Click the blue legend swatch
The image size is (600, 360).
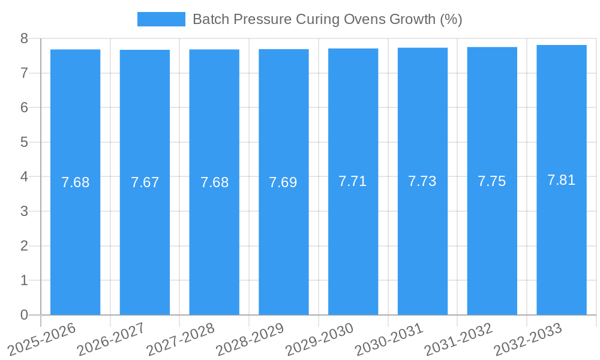tap(161, 19)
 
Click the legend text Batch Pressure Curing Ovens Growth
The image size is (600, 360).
tap(327, 19)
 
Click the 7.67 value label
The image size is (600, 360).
tap(145, 182)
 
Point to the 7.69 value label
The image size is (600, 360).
tap(283, 182)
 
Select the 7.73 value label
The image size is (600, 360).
tap(422, 181)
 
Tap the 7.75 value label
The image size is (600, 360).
tap(492, 181)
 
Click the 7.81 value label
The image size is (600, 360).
tap(562, 179)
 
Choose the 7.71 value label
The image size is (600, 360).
tap(353, 181)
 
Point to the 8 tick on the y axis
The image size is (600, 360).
tap(24, 38)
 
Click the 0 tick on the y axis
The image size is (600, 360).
tap(24, 315)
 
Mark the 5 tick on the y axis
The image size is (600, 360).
tap(24, 142)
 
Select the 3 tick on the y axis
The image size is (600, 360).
tap(24, 211)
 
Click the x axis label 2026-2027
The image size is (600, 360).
tap(112, 340)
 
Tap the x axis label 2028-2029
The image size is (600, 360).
tap(250, 340)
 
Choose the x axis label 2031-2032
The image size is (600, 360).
tap(459, 340)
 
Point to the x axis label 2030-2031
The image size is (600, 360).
tap(389, 340)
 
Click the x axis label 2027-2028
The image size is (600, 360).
tap(181, 340)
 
